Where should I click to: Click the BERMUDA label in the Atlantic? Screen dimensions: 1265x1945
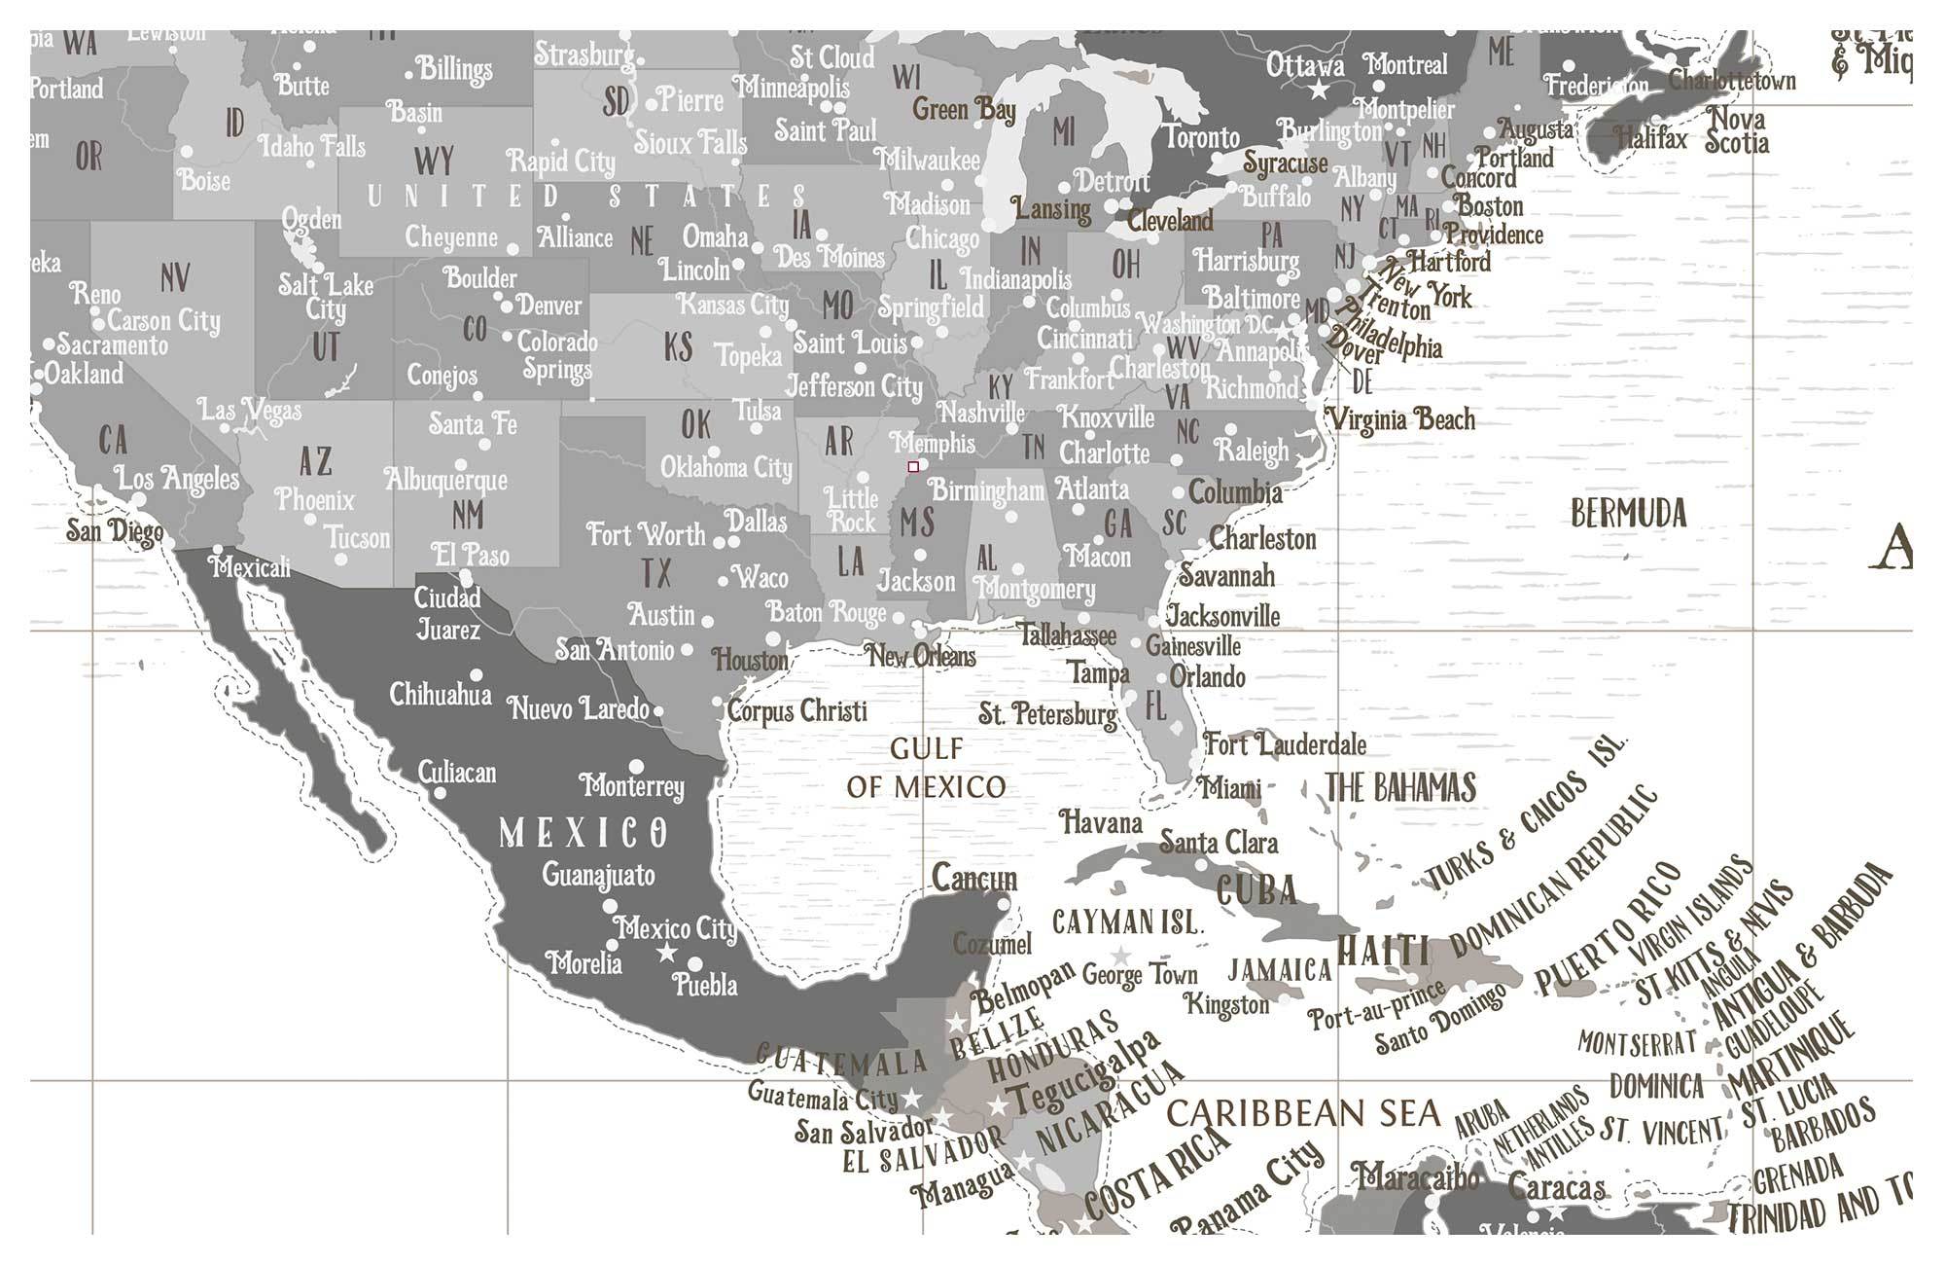point(1628,513)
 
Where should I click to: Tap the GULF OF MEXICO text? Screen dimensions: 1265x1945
point(926,768)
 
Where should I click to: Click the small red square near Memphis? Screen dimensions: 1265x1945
point(913,467)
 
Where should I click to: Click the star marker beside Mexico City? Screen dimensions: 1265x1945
point(666,953)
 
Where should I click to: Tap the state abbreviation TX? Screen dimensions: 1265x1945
point(656,572)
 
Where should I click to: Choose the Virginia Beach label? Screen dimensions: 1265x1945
point(1401,419)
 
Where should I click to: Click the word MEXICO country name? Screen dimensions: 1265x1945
point(583,833)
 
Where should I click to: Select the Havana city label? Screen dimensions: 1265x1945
point(1101,823)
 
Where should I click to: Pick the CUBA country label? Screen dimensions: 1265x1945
point(1256,889)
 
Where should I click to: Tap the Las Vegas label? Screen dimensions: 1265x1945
point(250,411)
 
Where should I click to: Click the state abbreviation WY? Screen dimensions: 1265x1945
point(434,161)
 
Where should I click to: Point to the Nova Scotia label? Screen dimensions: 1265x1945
point(1737,131)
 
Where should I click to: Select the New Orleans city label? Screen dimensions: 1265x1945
point(921,656)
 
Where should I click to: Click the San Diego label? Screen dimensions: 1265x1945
point(115,530)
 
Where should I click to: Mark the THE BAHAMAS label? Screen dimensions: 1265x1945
point(1400,787)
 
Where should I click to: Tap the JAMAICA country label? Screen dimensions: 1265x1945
point(1279,969)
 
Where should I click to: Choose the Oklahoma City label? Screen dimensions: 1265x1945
point(726,468)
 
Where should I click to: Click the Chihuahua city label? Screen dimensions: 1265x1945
point(441,695)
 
